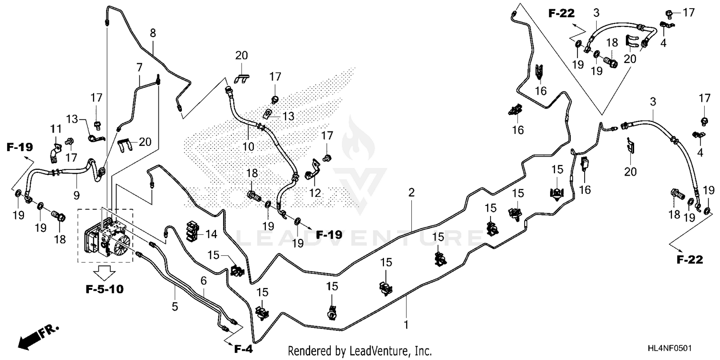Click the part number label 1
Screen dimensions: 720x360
pos(406,324)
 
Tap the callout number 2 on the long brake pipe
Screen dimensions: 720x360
pos(411,193)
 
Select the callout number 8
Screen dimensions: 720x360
pos(153,33)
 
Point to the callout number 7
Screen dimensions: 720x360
pos(139,68)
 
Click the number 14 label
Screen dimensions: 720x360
pos(211,234)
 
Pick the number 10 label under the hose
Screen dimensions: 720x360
pos(248,146)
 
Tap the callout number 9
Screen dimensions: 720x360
pos(76,195)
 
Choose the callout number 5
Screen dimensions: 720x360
pos(175,306)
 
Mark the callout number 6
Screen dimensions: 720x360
pos(204,281)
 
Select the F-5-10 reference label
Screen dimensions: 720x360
pos(105,289)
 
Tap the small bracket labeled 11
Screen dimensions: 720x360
pos(55,153)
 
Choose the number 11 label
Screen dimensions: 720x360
pos(56,129)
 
